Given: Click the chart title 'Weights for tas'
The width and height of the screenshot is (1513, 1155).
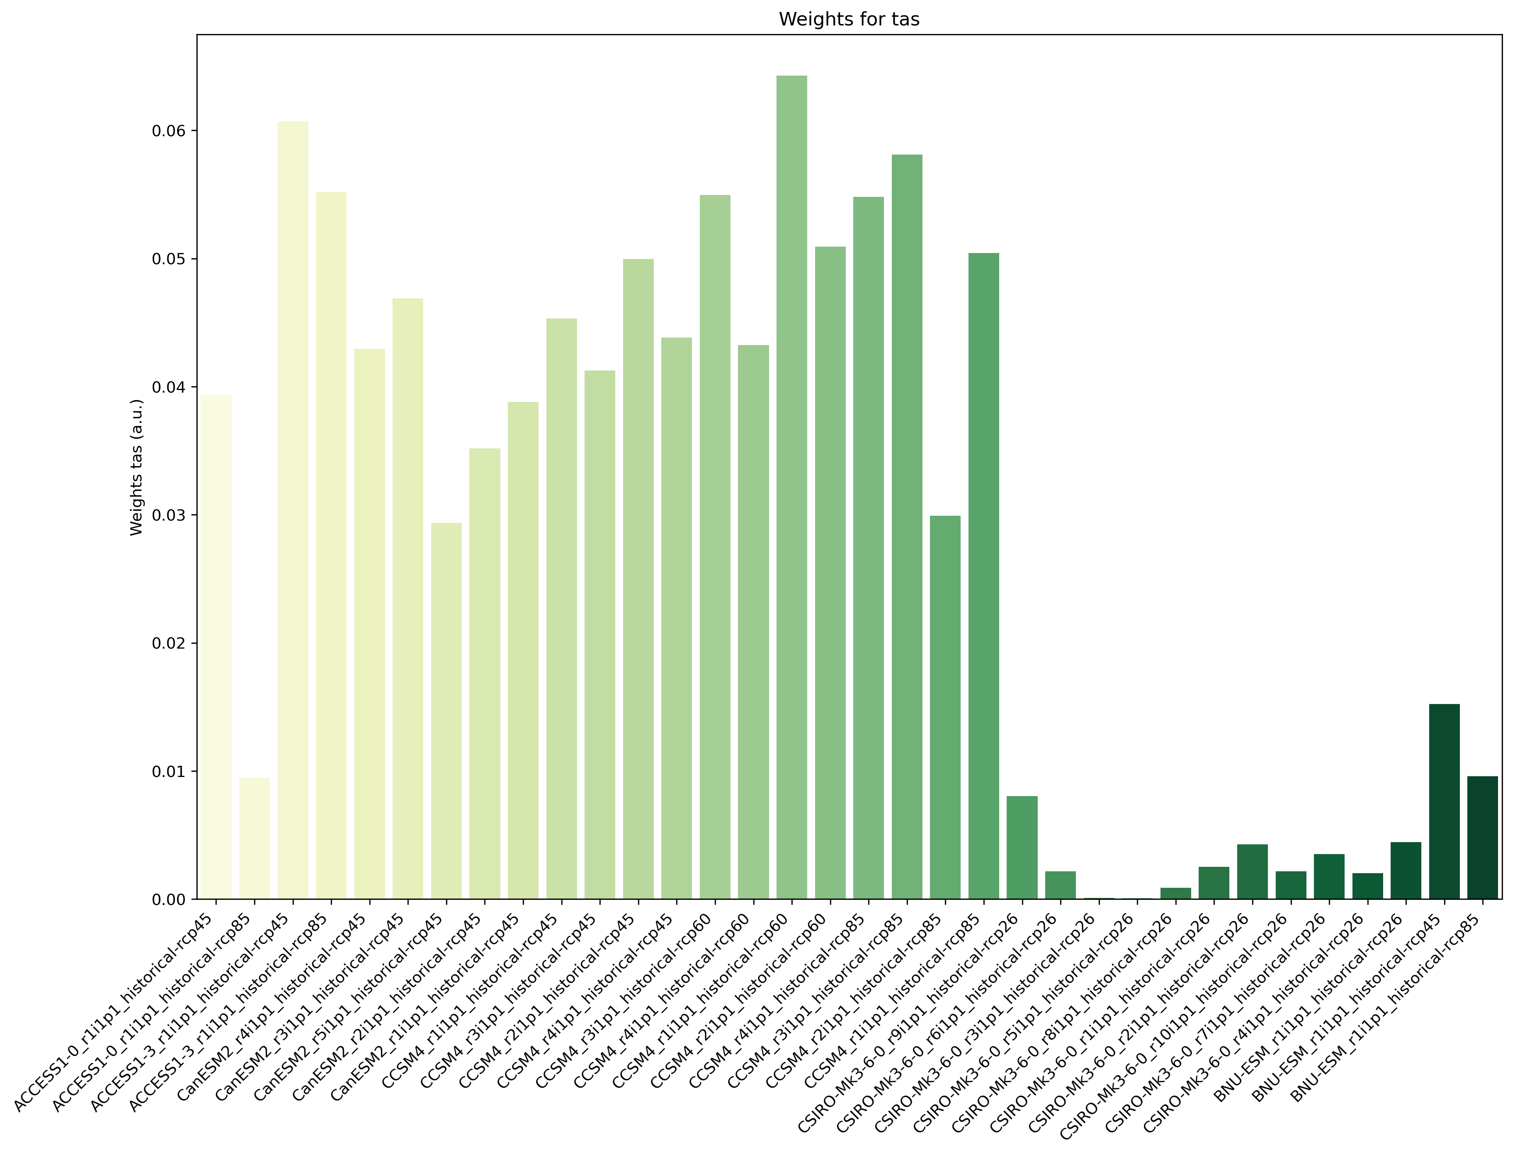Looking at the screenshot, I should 849,19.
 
